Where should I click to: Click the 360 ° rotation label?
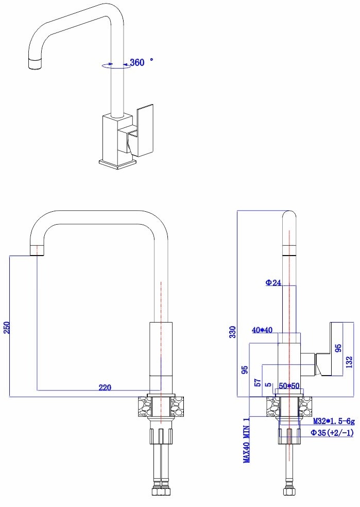pyautogui.click(x=141, y=62)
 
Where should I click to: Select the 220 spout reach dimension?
pyautogui.click(x=105, y=387)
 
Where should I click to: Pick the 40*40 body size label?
pyautogui.click(x=262, y=330)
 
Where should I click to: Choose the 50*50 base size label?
pyautogui.click(x=289, y=385)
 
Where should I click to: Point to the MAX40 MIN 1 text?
pyautogui.click(x=247, y=448)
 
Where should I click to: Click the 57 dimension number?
pyautogui.click(x=258, y=382)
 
